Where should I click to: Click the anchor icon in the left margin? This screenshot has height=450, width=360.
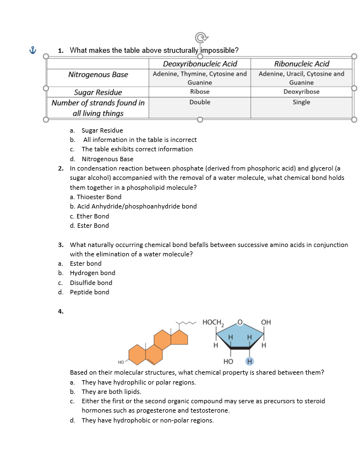pos(32,50)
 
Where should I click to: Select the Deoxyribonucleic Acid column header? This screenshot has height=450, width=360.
pos(200,64)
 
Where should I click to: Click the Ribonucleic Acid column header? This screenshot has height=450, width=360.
pos(301,64)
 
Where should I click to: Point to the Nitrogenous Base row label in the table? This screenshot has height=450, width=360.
pos(98,74)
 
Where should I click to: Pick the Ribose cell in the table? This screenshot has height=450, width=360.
pos(200,92)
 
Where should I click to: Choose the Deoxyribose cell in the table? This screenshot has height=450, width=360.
pos(301,92)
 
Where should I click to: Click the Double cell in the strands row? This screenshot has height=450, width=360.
pos(200,102)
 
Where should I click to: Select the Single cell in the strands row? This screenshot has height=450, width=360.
pos(301,102)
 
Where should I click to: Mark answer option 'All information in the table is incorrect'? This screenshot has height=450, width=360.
pos(139,140)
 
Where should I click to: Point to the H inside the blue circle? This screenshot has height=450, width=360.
pos(249,361)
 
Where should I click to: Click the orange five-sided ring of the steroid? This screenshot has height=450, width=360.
pos(179,337)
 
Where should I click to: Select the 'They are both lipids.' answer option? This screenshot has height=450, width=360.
pos(111,392)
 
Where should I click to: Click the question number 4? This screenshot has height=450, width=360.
pos(61,311)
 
